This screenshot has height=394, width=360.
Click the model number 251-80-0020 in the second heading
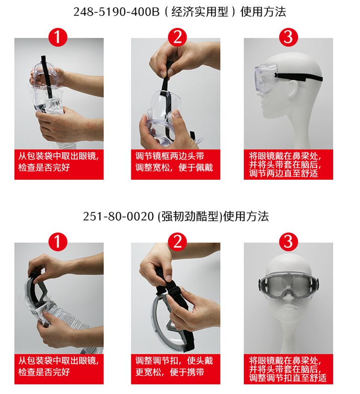point(118,216)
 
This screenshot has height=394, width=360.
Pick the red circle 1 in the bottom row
point(58,242)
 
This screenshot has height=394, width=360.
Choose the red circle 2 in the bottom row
point(175,242)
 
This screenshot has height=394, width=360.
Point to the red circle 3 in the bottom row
point(288,242)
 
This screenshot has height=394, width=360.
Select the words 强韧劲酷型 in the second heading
point(189,216)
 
